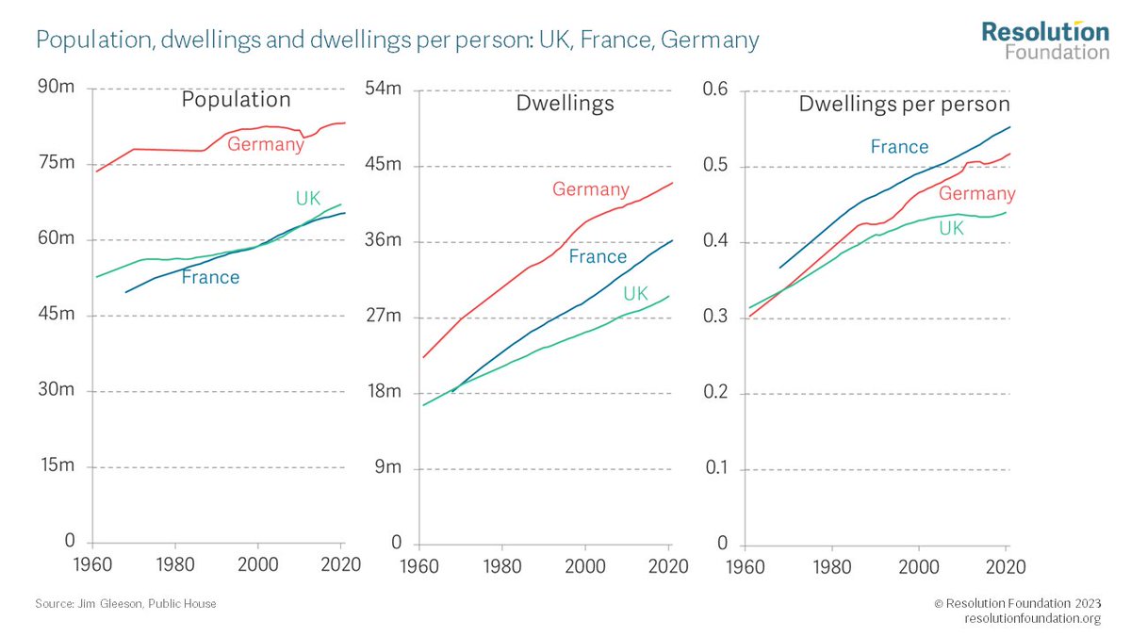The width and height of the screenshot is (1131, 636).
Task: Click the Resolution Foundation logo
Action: click(1045, 40)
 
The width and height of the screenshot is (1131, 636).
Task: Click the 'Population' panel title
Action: click(236, 100)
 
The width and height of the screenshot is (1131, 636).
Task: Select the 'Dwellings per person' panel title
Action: click(904, 104)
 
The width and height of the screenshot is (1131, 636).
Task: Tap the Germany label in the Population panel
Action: click(267, 143)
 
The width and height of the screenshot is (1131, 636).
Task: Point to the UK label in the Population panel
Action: click(308, 199)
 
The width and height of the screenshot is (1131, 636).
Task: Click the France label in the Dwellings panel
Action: click(598, 256)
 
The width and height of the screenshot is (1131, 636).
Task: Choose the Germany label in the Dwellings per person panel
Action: click(976, 194)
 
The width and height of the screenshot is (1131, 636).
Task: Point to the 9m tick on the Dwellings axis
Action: click(386, 467)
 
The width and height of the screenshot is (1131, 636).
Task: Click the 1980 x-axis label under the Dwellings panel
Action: click(500, 569)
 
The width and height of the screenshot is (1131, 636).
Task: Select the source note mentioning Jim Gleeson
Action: click(125, 603)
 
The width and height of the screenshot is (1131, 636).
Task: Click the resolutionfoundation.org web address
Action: click(1032, 618)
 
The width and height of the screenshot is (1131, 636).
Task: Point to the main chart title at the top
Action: click(397, 41)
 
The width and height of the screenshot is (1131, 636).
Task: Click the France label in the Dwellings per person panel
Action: click(899, 147)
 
